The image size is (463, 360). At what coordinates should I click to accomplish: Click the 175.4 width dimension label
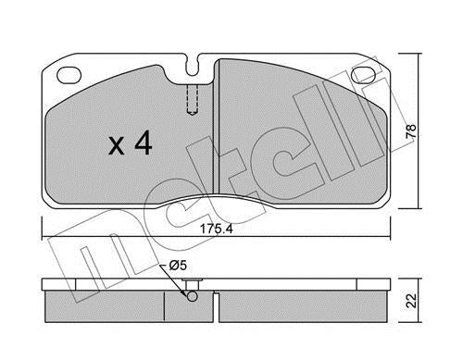(216, 229)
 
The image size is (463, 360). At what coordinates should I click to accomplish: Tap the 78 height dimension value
(411, 130)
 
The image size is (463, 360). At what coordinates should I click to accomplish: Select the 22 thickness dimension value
(411, 300)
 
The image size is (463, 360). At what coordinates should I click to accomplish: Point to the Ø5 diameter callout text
(178, 266)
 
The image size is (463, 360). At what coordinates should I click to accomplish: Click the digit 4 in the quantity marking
(143, 143)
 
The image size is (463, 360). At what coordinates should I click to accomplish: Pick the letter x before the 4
(117, 146)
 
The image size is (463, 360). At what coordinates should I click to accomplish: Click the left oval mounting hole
(69, 75)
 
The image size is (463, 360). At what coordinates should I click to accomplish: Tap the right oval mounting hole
(364, 75)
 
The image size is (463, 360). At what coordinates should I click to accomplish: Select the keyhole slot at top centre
(194, 66)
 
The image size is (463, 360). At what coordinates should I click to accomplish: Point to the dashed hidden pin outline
(193, 100)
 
